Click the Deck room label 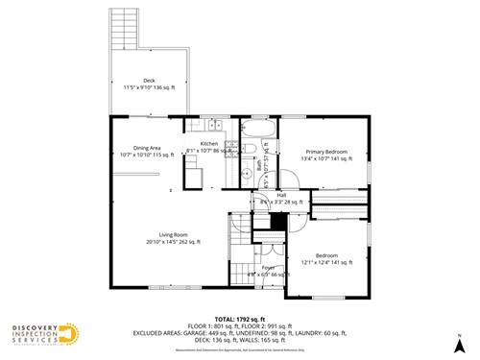(x=149, y=80)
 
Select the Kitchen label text (x=209, y=143)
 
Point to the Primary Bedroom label (x=326, y=152)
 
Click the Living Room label (x=173, y=233)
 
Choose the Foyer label (x=255, y=267)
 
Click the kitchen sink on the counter (x=213, y=125)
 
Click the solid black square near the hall (x=278, y=222)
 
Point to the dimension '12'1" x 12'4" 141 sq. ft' (x=326, y=262)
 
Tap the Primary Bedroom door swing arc (x=288, y=179)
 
